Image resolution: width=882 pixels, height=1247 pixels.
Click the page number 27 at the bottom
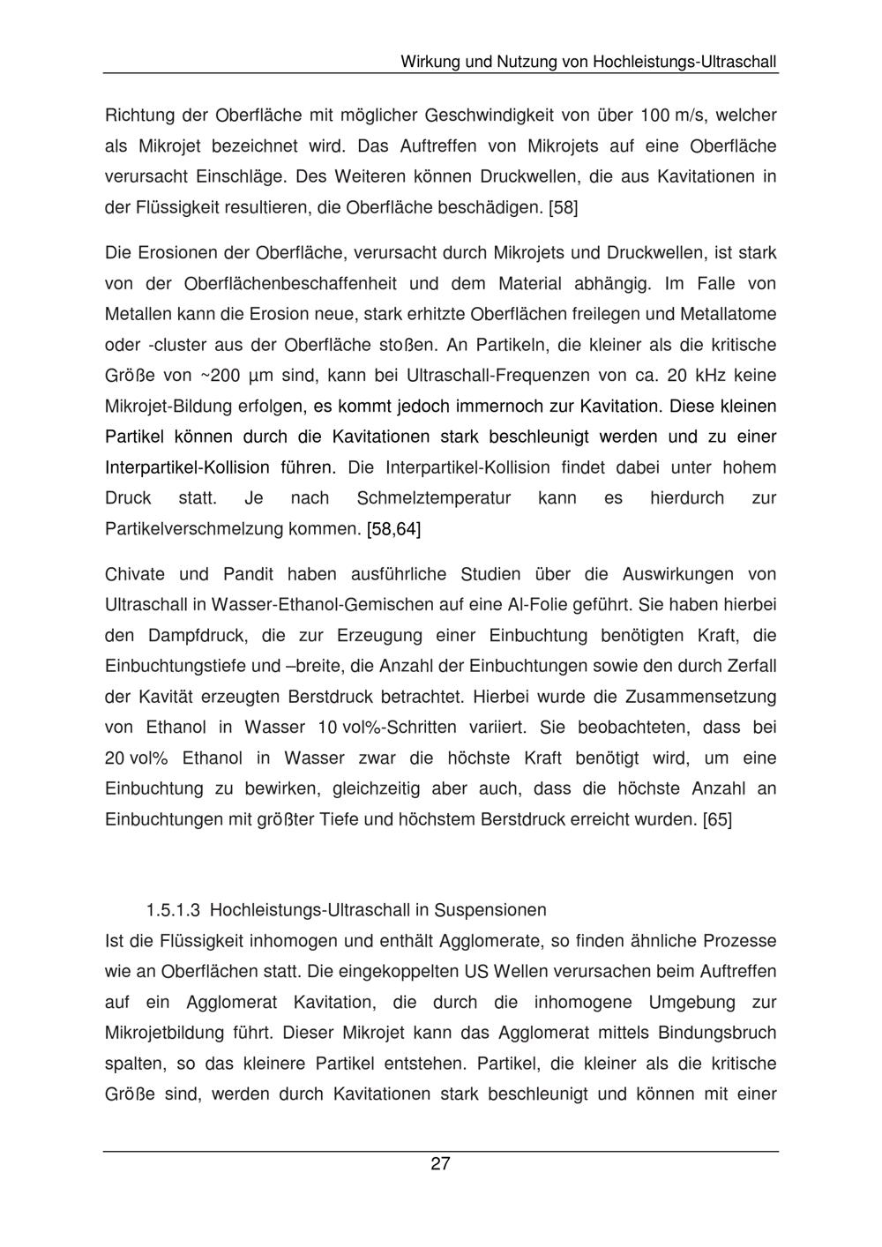[440, 1164]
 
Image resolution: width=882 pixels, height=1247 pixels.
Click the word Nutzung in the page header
[528, 63]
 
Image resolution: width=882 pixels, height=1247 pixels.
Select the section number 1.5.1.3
[175, 910]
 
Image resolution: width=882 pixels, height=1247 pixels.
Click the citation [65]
[717, 819]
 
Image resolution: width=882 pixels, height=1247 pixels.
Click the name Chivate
[135, 575]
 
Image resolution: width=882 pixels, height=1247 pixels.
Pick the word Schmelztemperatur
[434, 498]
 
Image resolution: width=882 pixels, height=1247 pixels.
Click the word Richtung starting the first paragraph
[136, 116]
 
